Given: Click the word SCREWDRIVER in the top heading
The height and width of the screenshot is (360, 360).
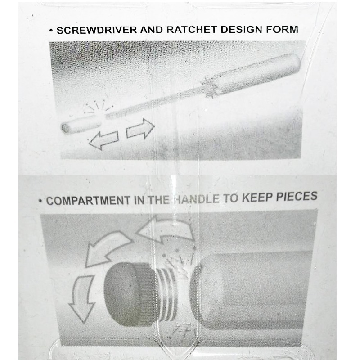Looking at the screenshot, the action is pos(97,30).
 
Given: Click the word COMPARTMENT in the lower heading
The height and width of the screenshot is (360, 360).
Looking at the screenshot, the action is pos(88,200).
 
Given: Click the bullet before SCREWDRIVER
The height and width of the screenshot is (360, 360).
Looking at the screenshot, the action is pos(51,31).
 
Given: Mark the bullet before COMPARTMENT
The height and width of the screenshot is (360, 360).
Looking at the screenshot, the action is pos(40,201).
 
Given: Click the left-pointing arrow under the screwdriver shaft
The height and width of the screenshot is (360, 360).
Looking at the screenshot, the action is pos(103,140).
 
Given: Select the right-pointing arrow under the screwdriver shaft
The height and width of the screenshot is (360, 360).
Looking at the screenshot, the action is pos(140,129).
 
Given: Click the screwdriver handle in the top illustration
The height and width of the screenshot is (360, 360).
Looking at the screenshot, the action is pos(257,73).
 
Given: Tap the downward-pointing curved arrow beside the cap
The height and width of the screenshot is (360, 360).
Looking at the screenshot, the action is pos(81,298).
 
